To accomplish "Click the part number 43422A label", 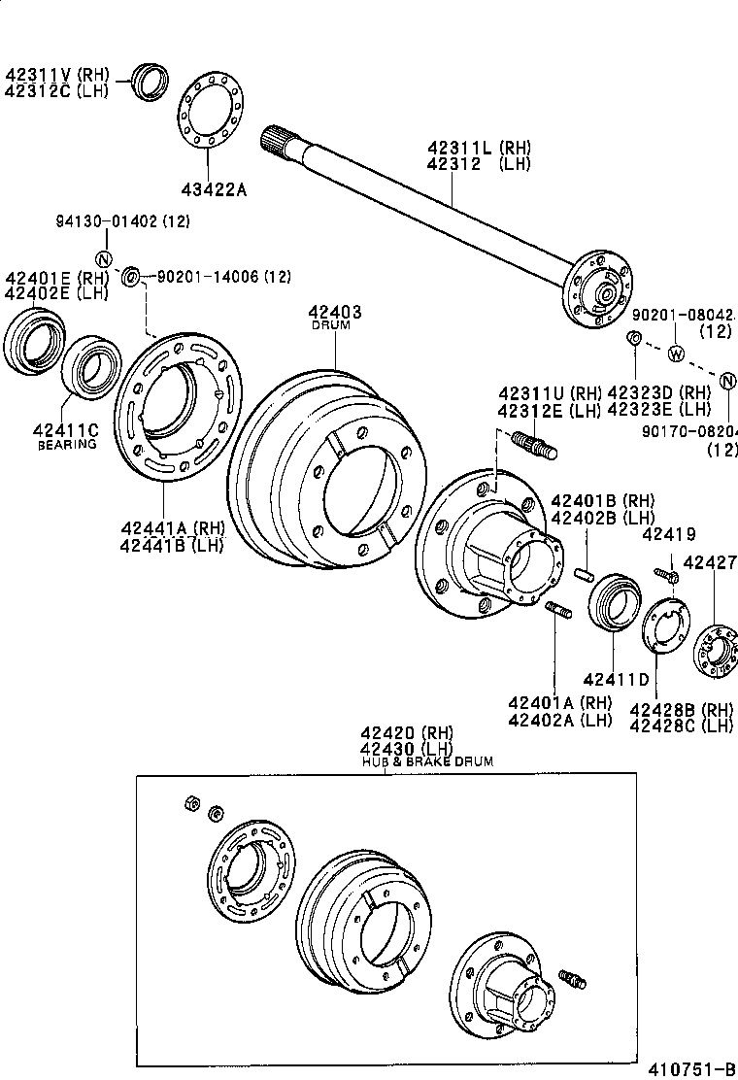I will pos(213,189).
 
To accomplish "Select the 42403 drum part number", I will pos(335,312).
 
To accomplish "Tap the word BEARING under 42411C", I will pos(67,445).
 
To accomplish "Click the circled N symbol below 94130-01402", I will pos(101,258).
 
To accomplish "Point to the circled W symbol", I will pos(677,353).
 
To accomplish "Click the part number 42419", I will pos(668,533).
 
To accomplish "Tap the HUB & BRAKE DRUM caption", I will pos(426,762).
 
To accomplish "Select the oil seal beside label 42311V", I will pos(151,81).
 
